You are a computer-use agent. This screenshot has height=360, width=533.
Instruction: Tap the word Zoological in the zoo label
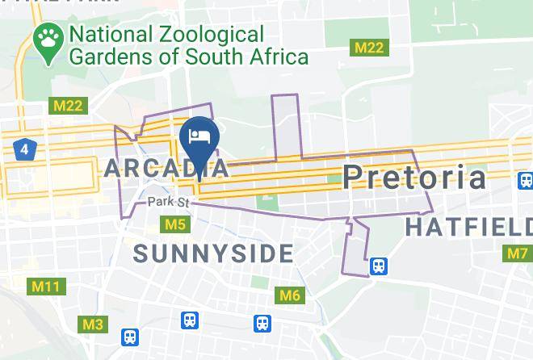click(x=213, y=35)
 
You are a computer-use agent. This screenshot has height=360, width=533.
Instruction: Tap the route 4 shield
click(x=24, y=149)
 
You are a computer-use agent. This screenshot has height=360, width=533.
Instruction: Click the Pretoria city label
click(x=415, y=177)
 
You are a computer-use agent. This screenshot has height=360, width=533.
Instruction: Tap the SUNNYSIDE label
click(x=213, y=253)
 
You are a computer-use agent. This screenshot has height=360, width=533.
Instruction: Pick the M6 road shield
click(x=289, y=295)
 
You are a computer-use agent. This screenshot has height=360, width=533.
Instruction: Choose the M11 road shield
click(x=45, y=286)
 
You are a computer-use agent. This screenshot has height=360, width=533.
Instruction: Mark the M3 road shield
click(x=93, y=324)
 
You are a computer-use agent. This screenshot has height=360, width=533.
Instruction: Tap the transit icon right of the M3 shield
click(x=130, y=337)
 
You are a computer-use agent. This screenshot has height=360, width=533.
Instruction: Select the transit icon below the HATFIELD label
click(x=377, y=265)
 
